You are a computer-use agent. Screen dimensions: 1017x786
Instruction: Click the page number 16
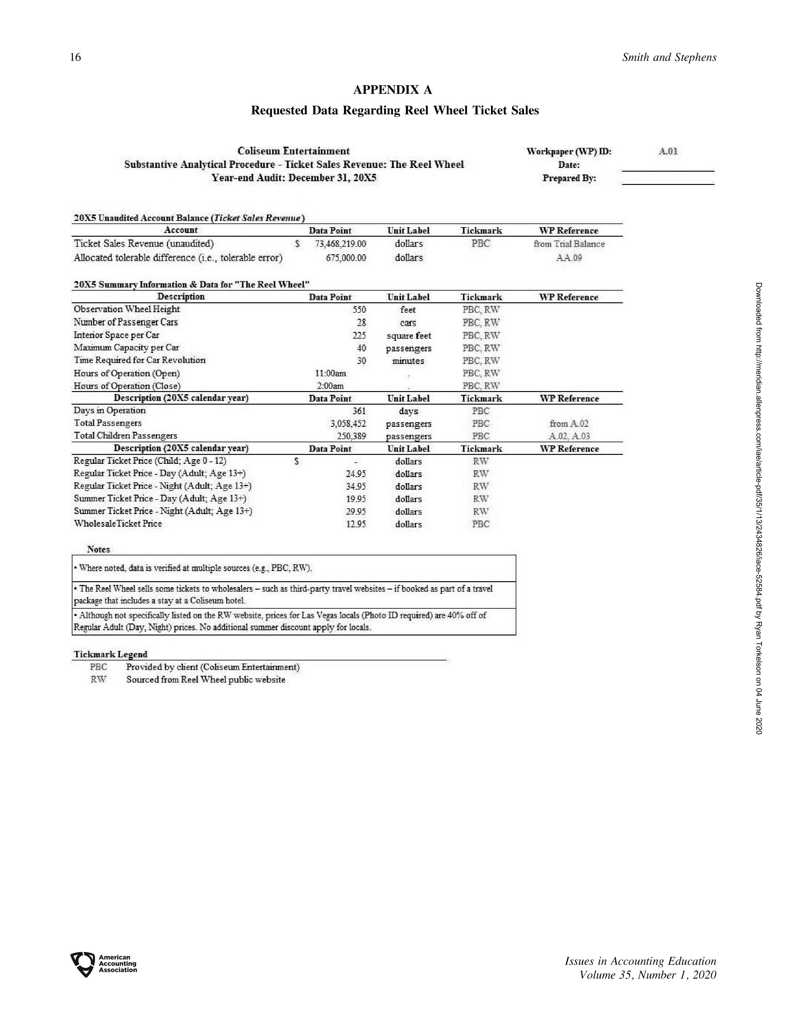(76, 57)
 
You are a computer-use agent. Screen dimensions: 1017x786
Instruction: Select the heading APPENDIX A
(392, 90)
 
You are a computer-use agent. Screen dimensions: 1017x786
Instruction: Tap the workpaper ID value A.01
(668, 151)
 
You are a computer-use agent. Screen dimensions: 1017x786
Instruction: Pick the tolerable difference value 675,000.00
(346, 258)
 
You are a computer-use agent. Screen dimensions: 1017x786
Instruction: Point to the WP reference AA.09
(569, 258)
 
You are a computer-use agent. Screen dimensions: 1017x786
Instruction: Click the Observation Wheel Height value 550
(359, 310)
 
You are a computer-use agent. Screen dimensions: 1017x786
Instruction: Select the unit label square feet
(408, 336)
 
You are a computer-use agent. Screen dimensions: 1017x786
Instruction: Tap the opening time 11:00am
(331, 374)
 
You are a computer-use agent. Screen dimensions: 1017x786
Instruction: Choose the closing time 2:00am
(331, 386)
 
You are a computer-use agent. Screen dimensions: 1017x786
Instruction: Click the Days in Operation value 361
(359, 411)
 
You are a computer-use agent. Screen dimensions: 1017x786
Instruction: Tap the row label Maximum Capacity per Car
(126, 348)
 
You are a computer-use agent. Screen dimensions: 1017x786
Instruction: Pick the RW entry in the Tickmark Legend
(99, 680)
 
